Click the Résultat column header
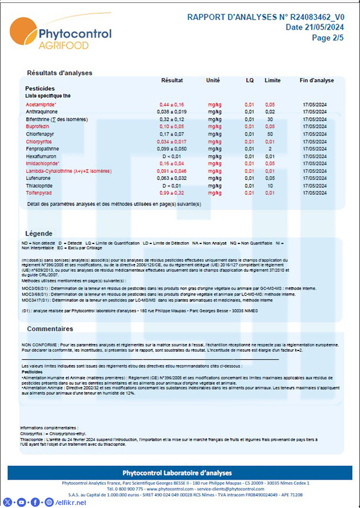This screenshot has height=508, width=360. [x=172, y=81]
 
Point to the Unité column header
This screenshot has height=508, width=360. [x=213, y=81]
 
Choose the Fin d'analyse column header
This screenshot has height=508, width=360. [x=317, y=81]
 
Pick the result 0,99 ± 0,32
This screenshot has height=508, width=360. [x=172, y=193]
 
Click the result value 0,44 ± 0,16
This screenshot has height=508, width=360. [x=172, y=104]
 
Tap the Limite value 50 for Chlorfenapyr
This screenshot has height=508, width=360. [x=270, y=134]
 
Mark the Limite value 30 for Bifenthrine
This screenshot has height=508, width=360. [x=270, y=119]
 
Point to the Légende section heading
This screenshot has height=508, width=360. [x=43, y=233]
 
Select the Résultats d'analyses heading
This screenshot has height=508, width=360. [x=59, y=73]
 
